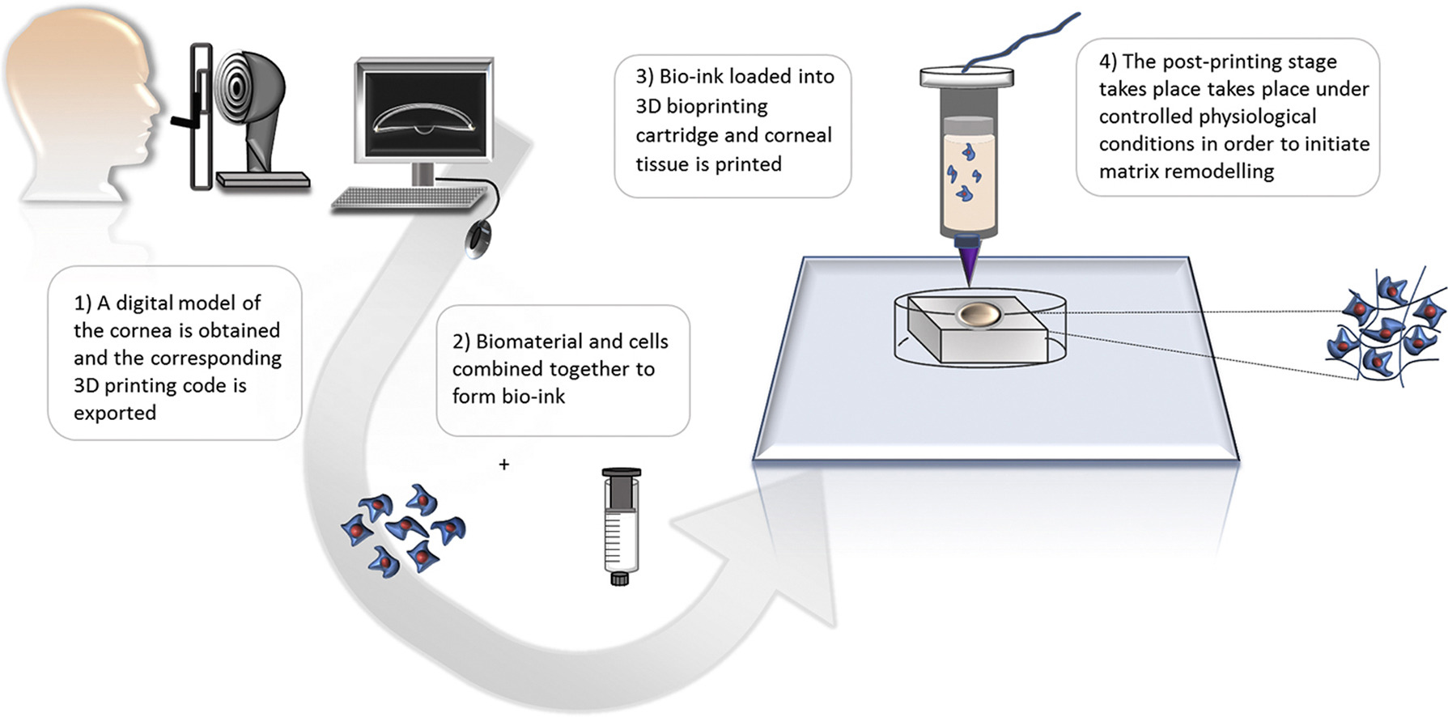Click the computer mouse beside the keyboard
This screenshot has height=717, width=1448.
[x=478, y=240]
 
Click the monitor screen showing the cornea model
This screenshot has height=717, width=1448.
[x=427, y=112]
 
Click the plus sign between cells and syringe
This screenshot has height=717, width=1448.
[x=504, y=465]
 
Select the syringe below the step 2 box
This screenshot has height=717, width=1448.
[x=621, y=526]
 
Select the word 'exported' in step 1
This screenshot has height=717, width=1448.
[x=115, y=413]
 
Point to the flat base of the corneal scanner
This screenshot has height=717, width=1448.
[x=262, y=180]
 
